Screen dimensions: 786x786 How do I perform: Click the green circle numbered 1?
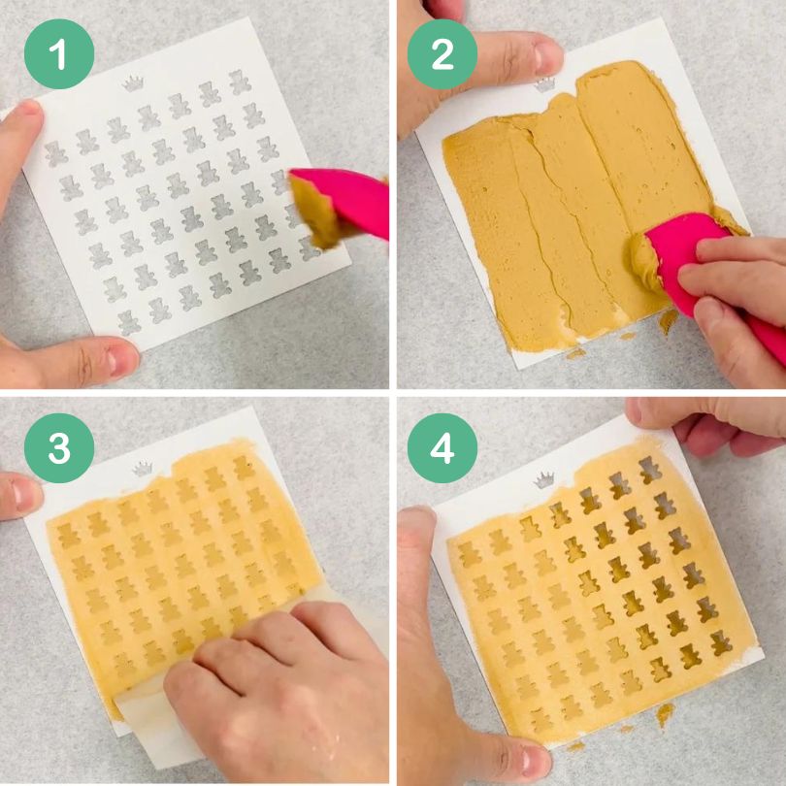[59, 53]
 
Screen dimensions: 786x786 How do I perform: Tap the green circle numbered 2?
[442, 54]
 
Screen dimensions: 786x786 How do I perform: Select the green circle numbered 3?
[59, 447]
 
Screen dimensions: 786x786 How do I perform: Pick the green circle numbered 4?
[442, 447]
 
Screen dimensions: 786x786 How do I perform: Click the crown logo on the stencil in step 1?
[133, 83]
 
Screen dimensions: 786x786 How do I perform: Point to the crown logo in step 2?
[545, 84]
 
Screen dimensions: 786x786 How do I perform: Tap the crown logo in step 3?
[143, 469]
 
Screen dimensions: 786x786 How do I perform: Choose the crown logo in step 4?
[543, 480]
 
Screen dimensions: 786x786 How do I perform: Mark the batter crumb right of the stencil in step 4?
[665, 713]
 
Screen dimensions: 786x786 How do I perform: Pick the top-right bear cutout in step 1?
[240, 82]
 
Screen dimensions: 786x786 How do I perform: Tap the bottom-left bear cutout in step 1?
[128, 323]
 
